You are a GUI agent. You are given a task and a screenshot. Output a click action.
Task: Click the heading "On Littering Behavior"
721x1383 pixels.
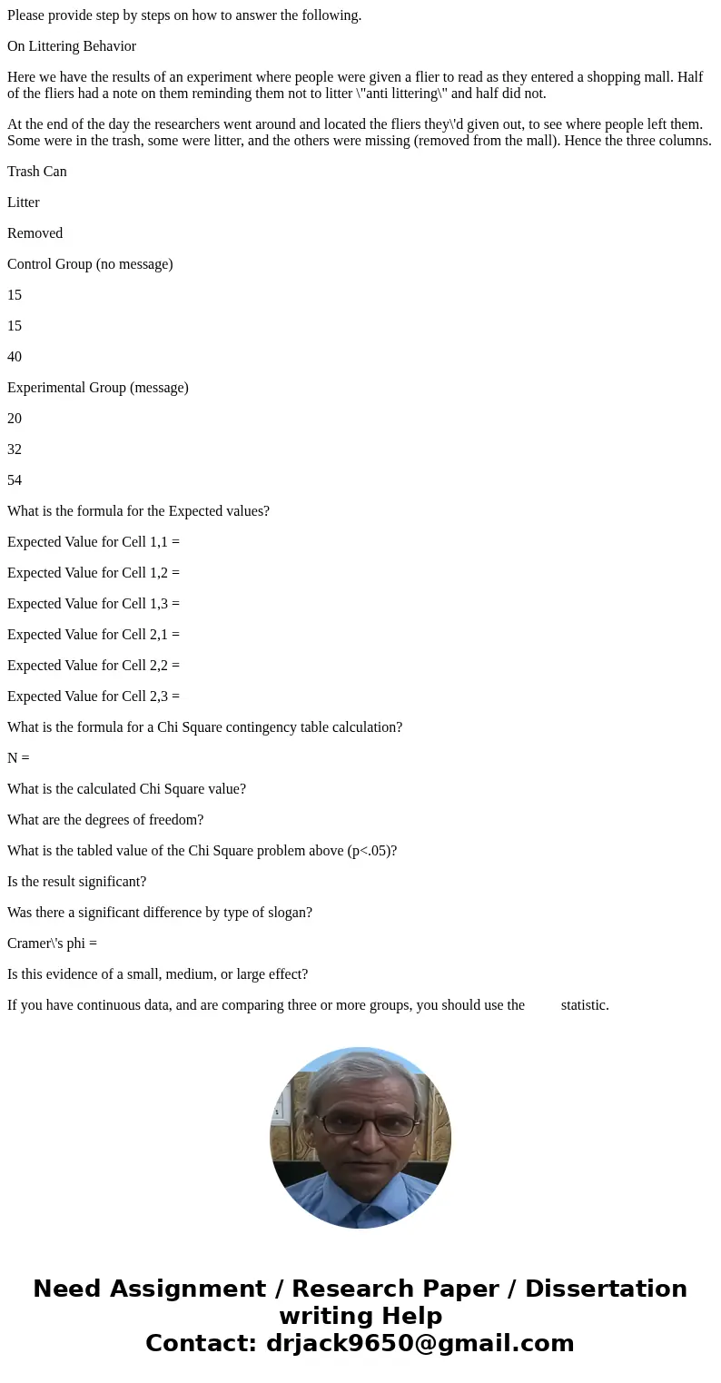pyautogui.click(x=72, y=46)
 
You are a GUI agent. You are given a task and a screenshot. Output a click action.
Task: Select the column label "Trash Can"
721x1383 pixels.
pyautogui.click(x=37, y=172)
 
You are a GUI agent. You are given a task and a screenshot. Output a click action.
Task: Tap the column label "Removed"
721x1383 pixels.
pyautogui.click(x=35, y=233)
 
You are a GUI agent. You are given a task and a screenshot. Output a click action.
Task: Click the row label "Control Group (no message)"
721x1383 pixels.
pyautogui.click(x=90, y=264)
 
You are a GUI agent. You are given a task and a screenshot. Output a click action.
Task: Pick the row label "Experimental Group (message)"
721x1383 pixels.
pyautogui.click(x=98, y=388)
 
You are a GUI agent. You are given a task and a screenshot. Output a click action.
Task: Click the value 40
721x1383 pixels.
pyautogui.click(x=15, y=357)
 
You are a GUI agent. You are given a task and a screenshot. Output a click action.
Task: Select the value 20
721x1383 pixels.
pyautogui.click(x=15, y=419)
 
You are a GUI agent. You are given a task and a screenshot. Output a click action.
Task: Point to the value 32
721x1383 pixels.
pyautogui.click(x=15, y=449)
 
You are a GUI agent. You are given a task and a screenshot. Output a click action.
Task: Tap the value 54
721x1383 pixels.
pyautogui.click(x=15, y=480)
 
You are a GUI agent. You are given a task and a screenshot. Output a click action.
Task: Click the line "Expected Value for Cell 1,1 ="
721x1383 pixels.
pyautogui.click(x=94, y=542)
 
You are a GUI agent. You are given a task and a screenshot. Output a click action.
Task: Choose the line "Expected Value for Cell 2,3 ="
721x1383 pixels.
pyautogui.click(x=94, y=696)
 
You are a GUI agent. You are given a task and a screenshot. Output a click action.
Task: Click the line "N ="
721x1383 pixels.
pyautogui.click(x=18, y=758)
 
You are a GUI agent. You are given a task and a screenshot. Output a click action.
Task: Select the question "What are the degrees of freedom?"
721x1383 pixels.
pyautogui.click(x=105, y=820)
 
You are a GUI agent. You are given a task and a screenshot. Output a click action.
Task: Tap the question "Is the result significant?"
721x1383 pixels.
pyautogui.click(x=76, y=882)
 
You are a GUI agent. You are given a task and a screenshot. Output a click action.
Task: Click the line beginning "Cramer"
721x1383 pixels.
pyautogui.click(x=52, y=943)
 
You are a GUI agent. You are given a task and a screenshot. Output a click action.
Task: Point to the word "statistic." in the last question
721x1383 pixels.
pyautogui.click(x=585, y=1005)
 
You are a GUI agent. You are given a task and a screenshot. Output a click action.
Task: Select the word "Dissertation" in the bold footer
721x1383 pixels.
pyautogui.click(x=606, y=1289)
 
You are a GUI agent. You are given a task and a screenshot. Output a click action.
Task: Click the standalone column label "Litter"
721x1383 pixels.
pyautogui.click(x=24, y=203)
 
